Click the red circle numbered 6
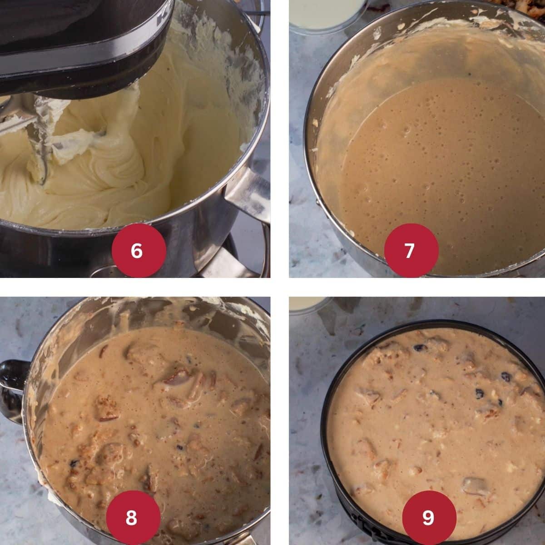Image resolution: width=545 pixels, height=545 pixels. coord(136,250)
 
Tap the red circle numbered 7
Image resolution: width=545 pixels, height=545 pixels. coord(411,250)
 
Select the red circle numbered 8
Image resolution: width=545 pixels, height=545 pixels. coord(133,517)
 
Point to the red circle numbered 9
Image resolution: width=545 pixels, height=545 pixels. coord(429,517)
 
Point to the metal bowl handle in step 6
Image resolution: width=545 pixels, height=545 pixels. coord(245,191)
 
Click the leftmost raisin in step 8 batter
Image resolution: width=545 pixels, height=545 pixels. coord(73,463)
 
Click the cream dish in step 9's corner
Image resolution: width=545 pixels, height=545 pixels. coord(305,303)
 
